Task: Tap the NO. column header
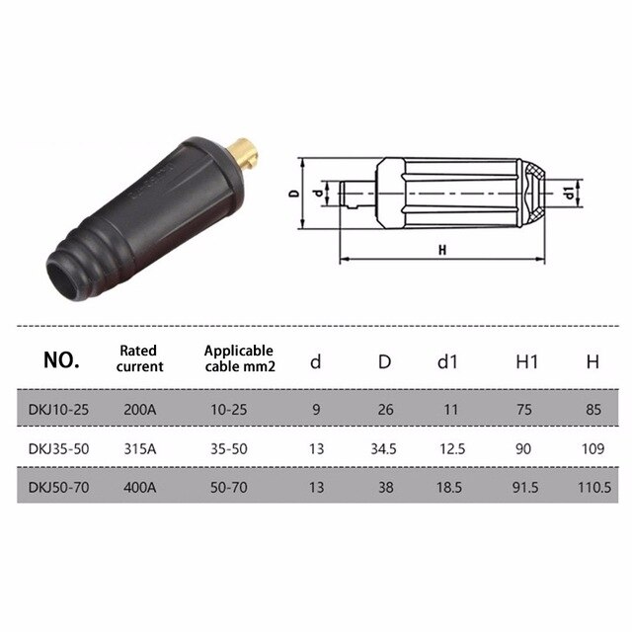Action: pos(61,360)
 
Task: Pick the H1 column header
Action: pos(523,361)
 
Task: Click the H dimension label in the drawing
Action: pos(442,250)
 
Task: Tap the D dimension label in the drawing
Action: pos(293,195)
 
